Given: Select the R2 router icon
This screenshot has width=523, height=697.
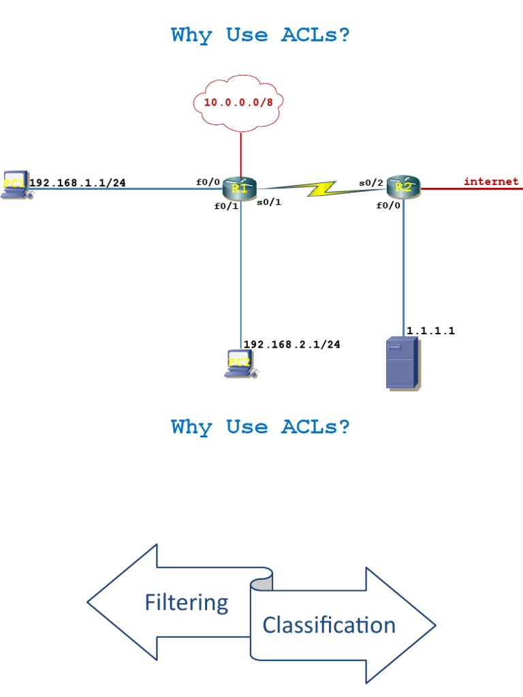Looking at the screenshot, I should pyautogui.click(x=404, y=187).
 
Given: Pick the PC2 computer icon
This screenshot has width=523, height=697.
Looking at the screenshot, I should pyautogui.click(x=239, y=364).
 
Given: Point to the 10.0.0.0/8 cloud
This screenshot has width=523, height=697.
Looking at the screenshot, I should pyautogui.click(x=239, y=103).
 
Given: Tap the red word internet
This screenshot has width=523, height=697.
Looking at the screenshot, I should pyautogui.click(x=491, y=181).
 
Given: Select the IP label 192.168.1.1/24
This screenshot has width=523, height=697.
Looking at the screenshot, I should pyautogui.click(x=77, y=182).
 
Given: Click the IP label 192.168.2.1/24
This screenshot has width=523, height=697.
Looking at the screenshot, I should pyautogui.click(x=291, y=344).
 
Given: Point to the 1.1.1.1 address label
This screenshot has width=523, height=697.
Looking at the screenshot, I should pyautogui.click(x=430, y=331).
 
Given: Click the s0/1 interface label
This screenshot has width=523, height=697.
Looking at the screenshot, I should pyautogui.click(x=269, y=202).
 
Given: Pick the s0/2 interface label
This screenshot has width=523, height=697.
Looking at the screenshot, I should pyautogui.click(x=371, y=182).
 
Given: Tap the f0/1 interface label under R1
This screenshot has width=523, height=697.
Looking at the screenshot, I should pyautogui.click(x=226, y=206).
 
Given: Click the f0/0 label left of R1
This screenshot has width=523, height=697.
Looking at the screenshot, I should pyautogui.click(x=208, y=182).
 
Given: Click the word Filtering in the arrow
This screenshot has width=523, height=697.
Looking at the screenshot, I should pyautogui.click(x=186, y=602).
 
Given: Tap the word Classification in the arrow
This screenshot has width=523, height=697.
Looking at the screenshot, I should pyautogui.click(x=329, y=625).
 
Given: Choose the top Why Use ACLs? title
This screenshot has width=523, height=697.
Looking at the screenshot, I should pyautogui.click(x=261, y=35).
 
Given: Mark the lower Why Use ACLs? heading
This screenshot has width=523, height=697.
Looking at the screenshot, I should pyautogui.click(x=261, y=427).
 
